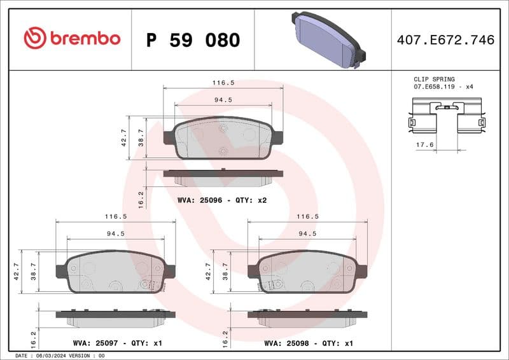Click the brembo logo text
[x=71, y=38]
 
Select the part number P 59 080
[x=193, y=40]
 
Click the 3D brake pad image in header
[x=327, y=39]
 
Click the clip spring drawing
[x=446, y=116]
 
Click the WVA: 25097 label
[x=95, y=343]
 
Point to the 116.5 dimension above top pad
[x=223, y=83]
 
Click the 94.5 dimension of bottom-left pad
[x=115, y=233]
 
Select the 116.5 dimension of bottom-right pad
[x=307, y=216]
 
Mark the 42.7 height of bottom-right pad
[x=208, y=272]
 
